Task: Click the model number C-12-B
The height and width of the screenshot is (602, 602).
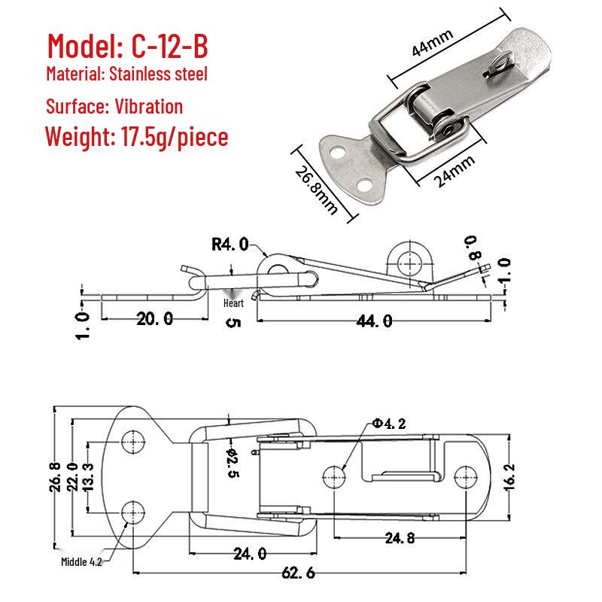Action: click(x=170, y=46)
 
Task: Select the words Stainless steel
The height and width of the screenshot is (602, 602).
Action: click(x=158, y=74)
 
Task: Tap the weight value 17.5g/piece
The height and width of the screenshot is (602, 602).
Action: click(x=175, y=138)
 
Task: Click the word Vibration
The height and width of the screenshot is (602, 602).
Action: click(x=148, y=106)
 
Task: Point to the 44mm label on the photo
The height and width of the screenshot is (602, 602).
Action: click(x=432, y=43)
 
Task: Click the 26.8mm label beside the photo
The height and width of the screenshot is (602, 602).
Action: click(x=316, y=190)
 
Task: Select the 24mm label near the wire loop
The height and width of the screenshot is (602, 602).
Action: click(x=455, y=172)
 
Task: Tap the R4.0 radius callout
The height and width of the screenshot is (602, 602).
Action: click(x=230, y=244)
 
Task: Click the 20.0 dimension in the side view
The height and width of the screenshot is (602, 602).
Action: click(x=155, y=318)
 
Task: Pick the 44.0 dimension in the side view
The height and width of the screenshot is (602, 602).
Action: click(x=374, y=321)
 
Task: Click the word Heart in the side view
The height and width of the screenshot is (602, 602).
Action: click(x=233, y=303)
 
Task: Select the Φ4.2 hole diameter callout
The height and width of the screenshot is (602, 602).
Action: click(x=389, y=424)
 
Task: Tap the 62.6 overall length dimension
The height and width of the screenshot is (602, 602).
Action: click(x=298, y=573)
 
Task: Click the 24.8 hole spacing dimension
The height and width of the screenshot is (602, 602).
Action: click(x=400, y=538)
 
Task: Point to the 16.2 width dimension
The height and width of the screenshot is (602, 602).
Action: click(x=509, y=477)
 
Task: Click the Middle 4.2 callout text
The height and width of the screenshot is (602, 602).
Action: click(x=81, y=561)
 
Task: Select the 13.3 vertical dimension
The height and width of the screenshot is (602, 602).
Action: click(x=88, y=477)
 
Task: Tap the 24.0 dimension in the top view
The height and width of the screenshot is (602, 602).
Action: click(x=250, y=554)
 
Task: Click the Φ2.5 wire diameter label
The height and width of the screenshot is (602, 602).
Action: click(x=233, y=463)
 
